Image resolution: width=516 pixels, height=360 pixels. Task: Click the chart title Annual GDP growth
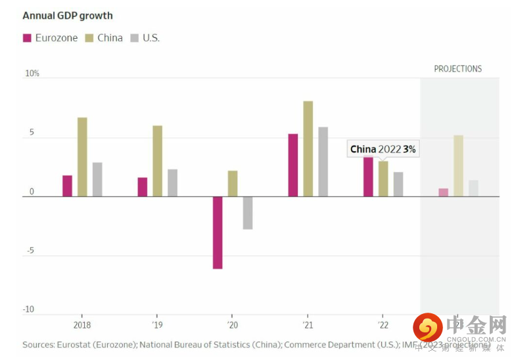pos(68,15)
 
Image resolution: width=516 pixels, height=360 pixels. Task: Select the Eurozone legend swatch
pos(27,37)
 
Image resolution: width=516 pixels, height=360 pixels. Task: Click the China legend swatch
pos(89,37)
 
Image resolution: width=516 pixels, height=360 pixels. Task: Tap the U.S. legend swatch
pos(135,37)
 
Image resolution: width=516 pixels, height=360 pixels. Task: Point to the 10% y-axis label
pos(32,74)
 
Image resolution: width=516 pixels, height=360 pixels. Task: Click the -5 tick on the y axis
pos(30,250)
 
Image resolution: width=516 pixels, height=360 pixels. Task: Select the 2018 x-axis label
pos(82,325)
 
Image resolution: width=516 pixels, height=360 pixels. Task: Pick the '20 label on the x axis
pos(232,325)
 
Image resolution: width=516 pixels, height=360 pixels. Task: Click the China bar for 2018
pos(82,157)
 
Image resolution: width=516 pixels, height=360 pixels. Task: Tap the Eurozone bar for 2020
pos(218,233)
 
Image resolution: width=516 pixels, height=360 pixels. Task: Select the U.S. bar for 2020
pos(248,213)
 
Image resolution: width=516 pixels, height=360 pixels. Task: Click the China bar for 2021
pos(308,149)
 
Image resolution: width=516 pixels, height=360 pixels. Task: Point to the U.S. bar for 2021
pos(323,162)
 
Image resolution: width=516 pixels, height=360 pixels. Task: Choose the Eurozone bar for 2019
pos(143,187)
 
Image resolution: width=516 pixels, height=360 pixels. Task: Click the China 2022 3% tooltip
pos(383,149)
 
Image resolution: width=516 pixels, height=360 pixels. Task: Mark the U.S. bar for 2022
pos(398,185)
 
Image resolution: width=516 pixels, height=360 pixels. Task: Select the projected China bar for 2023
pos(458,166)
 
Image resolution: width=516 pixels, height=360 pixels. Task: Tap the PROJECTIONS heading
pos(457,69)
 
